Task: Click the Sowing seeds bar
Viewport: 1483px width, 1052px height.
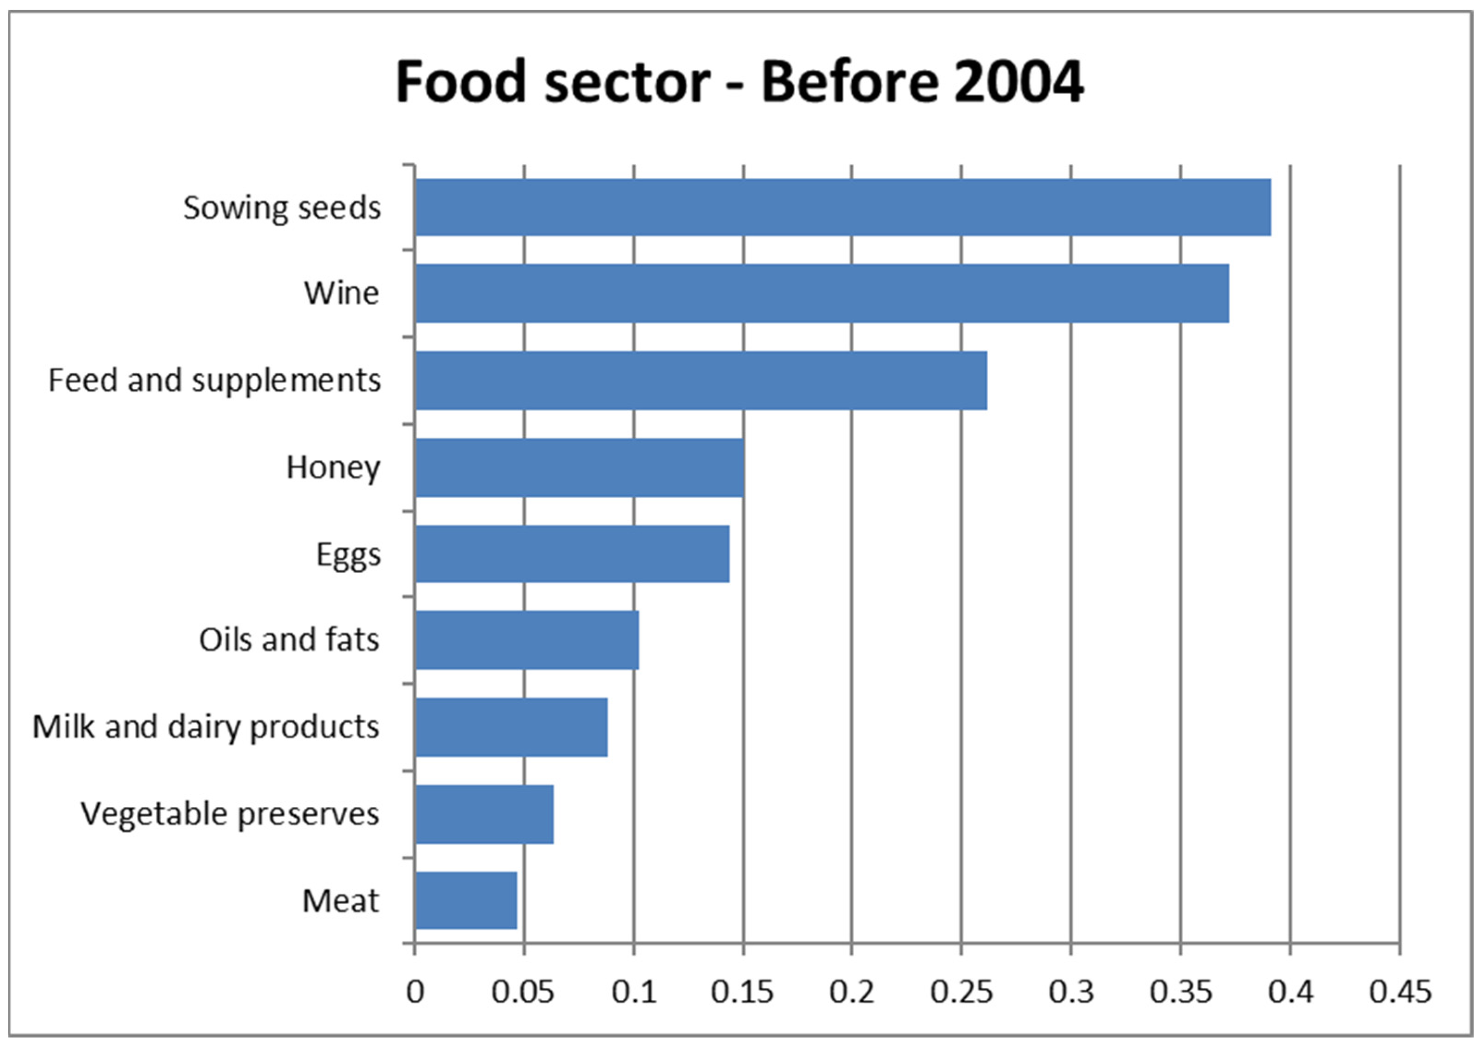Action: (842, 207)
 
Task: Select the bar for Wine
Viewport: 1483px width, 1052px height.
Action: (821, 293)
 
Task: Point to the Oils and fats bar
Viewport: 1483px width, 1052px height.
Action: (526, 640)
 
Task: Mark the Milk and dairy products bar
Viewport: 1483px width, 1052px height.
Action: (511, 727)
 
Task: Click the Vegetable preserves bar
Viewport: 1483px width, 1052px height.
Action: (484, 814)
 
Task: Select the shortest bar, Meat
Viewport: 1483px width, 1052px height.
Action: (465, 901)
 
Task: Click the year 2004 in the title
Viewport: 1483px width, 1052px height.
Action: (1019, 82)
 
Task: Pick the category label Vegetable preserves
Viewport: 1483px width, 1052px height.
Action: (230, 814)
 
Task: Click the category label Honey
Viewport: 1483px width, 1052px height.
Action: (333, 468)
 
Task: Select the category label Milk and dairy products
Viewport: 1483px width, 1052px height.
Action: (206, 727)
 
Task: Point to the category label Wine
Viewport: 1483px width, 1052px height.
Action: (341, 293)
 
